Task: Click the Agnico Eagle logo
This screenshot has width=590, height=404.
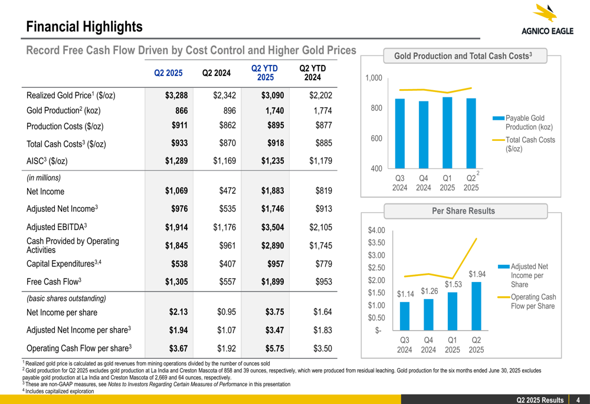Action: click(546, 21)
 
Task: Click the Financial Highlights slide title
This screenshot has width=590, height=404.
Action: click(84, 27)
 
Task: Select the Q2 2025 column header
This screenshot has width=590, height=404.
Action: click(168, 73)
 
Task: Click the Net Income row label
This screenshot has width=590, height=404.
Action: click(45, 191)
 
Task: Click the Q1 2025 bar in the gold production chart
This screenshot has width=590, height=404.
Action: click(447, 133)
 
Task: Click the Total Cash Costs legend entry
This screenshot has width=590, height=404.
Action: click(529, 144)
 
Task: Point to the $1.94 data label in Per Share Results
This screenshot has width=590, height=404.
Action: click(477, 274)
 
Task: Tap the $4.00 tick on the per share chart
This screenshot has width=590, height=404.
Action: click(376, 230)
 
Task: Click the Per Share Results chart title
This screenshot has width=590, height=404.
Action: click(463, 211)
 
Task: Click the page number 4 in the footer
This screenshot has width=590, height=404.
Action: click(579, 400)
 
